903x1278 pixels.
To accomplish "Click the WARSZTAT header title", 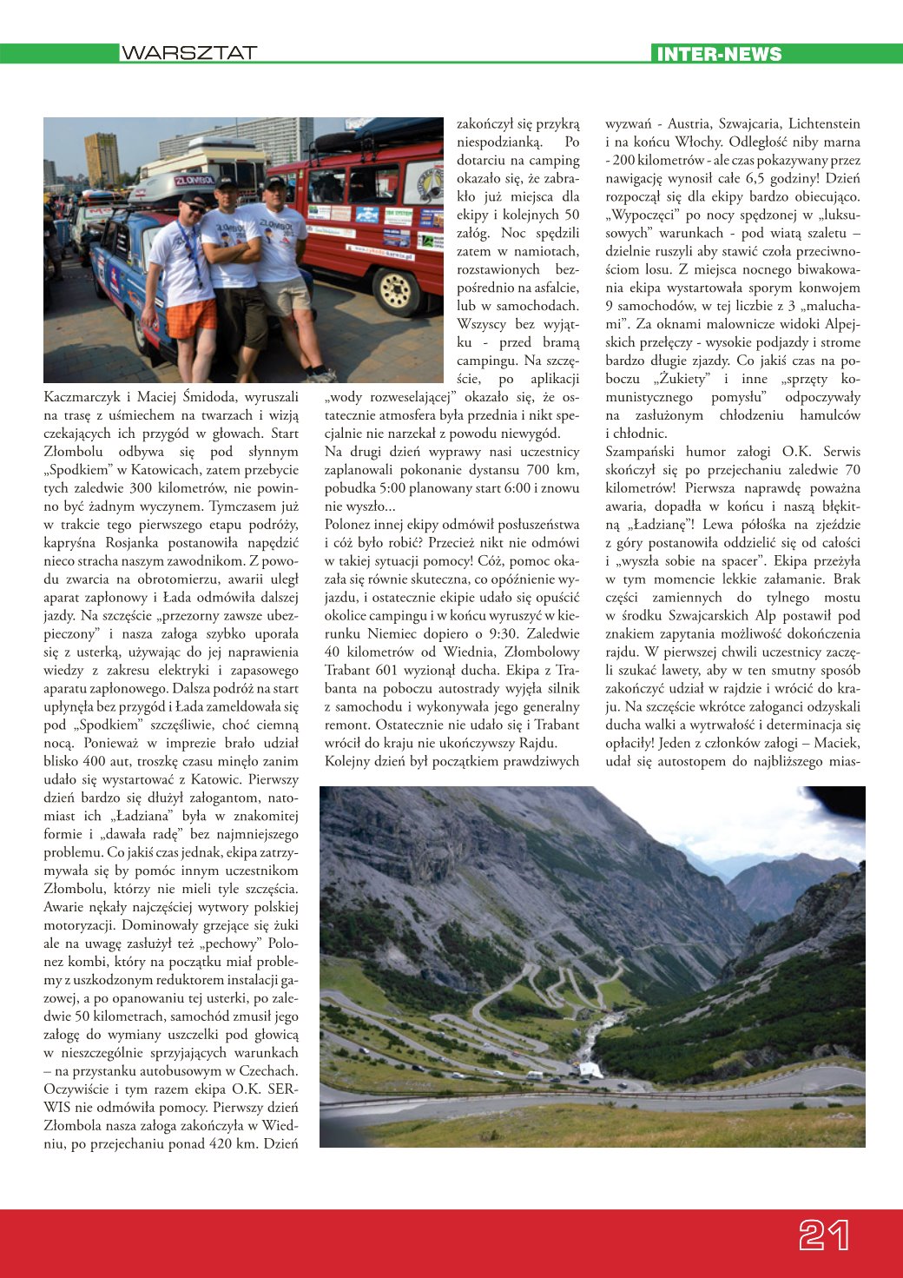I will pyautogui.click(x=189, y=53).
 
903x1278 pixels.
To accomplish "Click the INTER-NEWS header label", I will pyautogui.click(x=719, y=54).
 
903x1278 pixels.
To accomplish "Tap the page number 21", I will pyautogui.click(x=823, y=1235).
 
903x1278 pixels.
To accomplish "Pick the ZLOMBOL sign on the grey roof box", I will pyautogui.click(x=194, y=181).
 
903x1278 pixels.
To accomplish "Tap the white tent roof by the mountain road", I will pyautogui.click(x=590, y=1069).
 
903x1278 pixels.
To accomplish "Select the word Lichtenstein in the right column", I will pyautogui.click(x=824, y=124).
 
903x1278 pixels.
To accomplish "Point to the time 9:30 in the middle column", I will pyautogui.click(x=510, y=633).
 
